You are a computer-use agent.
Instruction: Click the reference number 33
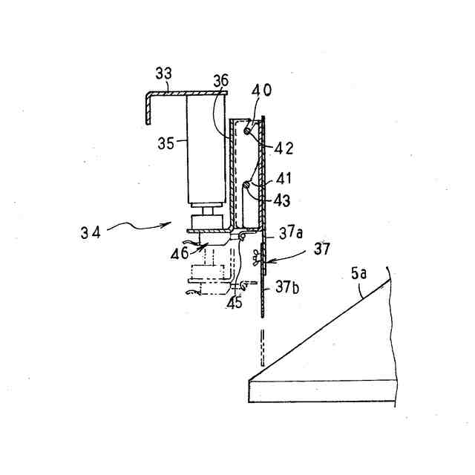tap(163, 73)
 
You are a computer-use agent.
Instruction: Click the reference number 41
tap(284, 179)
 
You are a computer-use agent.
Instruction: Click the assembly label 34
tap(91, 232)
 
